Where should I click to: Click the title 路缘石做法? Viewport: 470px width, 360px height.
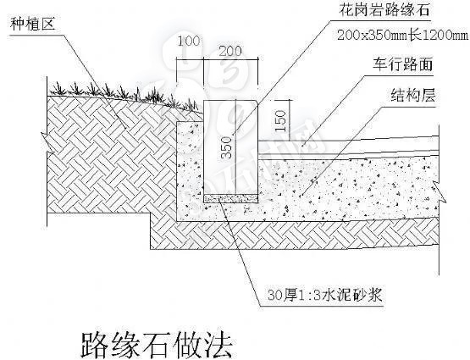tap(155, 342)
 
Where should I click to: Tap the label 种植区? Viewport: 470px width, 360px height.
tap(32, 25)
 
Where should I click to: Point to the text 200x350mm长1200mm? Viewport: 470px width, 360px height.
tap(402, 36)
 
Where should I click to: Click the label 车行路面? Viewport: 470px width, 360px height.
tap(403, 65)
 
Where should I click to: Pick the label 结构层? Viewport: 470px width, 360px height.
tap(412, 95)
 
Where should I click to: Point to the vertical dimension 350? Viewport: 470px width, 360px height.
tap(225, 149)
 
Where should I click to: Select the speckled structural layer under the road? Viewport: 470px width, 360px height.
tap(339, 186)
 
